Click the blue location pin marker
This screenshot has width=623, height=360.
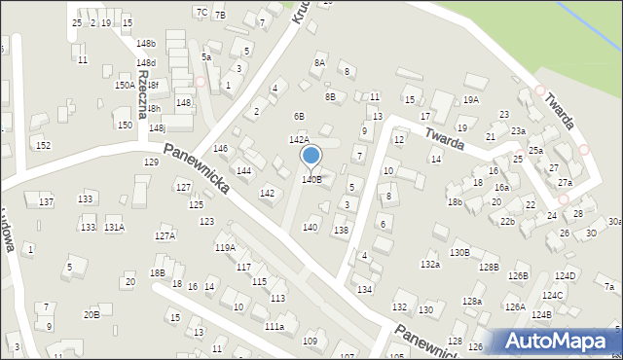311,155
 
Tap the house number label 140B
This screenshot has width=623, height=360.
311,180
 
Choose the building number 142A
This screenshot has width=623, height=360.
299,141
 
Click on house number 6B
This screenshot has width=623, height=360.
299,117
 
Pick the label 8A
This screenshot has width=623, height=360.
318,63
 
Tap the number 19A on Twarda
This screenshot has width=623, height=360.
471,100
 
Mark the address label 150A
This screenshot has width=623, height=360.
125,86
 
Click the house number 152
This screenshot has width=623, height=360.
43,145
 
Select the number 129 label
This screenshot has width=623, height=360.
151,162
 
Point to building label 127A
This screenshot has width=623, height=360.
165,236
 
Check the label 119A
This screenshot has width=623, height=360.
225,248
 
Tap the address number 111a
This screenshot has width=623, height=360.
275,327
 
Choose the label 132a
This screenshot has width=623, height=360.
430,265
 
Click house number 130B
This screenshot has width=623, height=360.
459,253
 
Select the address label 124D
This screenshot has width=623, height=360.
566,276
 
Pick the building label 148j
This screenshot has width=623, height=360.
157,127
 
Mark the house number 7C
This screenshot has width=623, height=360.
202,12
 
